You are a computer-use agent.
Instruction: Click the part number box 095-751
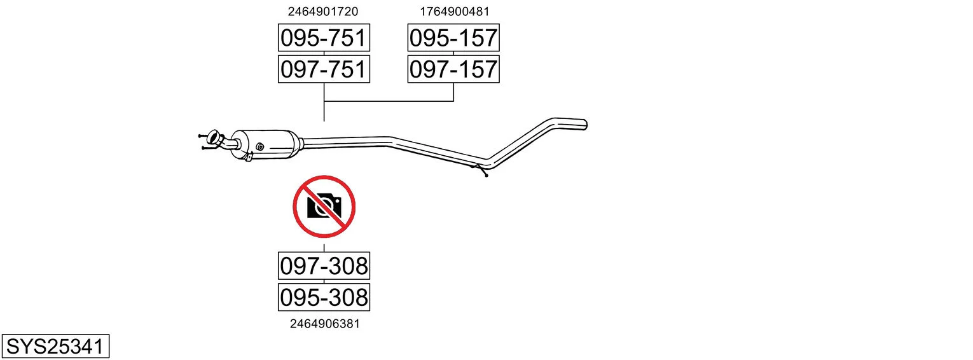point(324,38)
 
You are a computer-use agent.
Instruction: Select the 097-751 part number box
point(324,69)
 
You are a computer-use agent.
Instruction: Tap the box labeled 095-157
point(453,38)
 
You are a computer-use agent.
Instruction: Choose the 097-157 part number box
point(453,69)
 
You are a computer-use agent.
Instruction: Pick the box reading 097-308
point(324,266)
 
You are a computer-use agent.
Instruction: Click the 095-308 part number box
point(324,298)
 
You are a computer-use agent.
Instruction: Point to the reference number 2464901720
point(322,11)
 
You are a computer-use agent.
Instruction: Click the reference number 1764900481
point(454,11)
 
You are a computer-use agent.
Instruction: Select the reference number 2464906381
point(325,324)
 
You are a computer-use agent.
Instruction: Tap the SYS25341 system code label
point(55,347)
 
